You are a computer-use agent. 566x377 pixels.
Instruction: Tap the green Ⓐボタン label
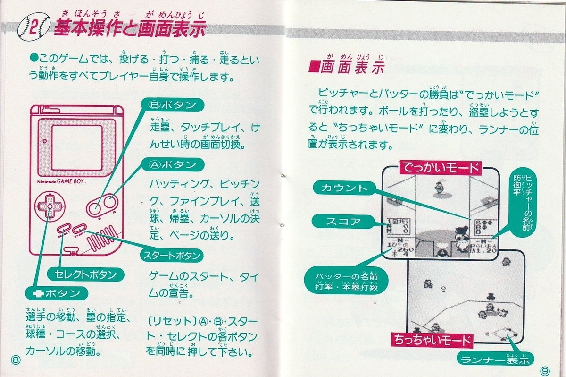[x=173, y=165]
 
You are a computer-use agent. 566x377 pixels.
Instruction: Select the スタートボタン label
[x=172, y=256]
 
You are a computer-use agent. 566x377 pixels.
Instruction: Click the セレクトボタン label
[x=83, y=274]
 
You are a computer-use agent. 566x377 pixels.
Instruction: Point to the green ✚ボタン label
[x=57, y=293]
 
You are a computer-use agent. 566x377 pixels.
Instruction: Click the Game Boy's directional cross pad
[x=48, y=207]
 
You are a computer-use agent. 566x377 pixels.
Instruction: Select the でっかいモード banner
[x=440, y=168]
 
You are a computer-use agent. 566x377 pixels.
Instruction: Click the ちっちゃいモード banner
[x=431, y=340]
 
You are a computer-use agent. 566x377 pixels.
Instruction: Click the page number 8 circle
[x=17, y=360]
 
